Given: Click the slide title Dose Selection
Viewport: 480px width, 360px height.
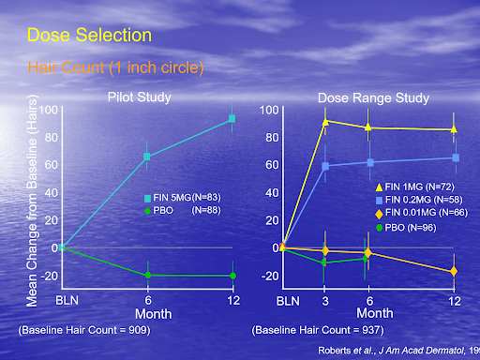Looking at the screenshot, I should coord(89,36).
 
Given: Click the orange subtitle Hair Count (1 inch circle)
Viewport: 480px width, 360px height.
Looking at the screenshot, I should coord(116,67).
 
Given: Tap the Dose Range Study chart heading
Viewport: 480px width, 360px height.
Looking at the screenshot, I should coord(373,97).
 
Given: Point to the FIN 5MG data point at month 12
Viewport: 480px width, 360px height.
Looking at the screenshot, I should coord(232,119).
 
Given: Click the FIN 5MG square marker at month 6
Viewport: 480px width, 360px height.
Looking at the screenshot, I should coord(146,157).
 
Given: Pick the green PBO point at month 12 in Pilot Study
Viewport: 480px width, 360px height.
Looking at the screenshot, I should coord(232,276).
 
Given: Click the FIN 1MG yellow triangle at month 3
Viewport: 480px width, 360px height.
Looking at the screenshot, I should coord(325,122).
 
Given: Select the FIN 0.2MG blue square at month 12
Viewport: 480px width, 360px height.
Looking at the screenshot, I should coord(455,157).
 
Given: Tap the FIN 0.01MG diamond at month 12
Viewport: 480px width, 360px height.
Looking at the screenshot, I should coord(455,271).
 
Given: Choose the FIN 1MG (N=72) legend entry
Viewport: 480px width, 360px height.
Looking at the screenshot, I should coord(408,188).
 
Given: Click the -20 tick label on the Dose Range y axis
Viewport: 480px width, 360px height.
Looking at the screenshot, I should coord(268,276).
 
